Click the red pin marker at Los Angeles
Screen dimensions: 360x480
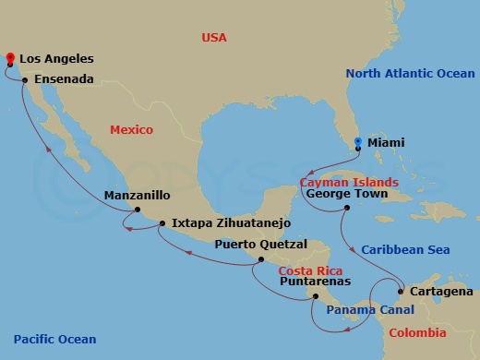9,57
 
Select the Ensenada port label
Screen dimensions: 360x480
64,80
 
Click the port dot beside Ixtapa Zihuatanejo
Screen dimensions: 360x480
162,223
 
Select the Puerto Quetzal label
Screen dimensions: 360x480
255,245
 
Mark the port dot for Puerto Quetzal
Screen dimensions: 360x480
261,259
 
